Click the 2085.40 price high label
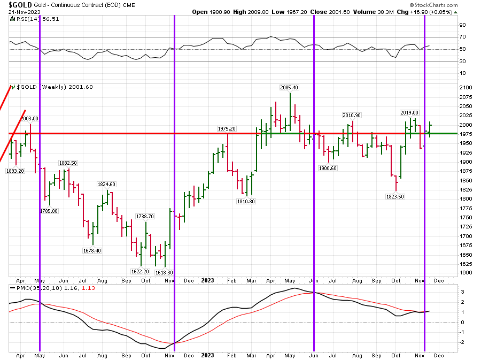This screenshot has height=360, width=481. click(x=289, y=87)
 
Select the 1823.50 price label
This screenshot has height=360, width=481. click(x=395, y=196)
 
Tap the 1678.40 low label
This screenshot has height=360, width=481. click(x=92, y=250)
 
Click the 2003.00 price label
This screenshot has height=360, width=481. click(x=29, y=118)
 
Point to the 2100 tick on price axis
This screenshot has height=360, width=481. click(x=466, y=88)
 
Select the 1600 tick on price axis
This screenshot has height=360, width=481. click(x=466, y=273)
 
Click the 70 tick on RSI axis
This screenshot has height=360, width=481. click(x=463, y=37)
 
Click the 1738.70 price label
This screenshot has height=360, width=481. click(x=144, y=216)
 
